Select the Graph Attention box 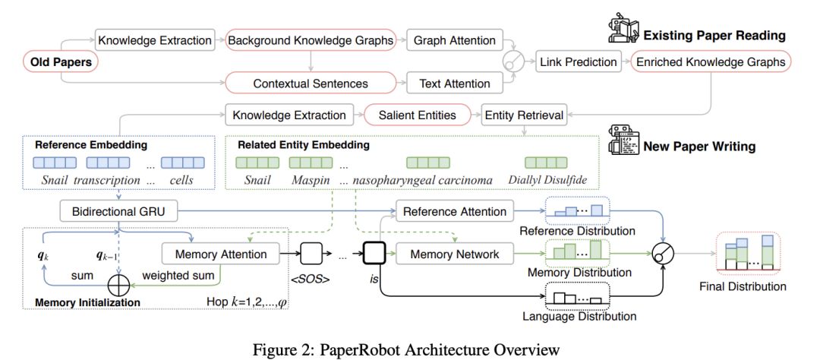point(454,40)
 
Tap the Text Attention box point(455,84)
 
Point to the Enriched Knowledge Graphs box point(711,62)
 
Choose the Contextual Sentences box point(311,84)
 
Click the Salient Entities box point(417,115)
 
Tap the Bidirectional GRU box point(118,213)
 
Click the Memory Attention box point(221,254)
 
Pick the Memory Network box point(455,254)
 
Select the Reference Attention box point(455,211)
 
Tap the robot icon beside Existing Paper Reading point(622,28)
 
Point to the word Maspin point(311,180)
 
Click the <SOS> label point(310,279)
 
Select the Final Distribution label point(743,286)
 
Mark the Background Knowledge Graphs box point(311,40)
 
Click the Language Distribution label point(579,317)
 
